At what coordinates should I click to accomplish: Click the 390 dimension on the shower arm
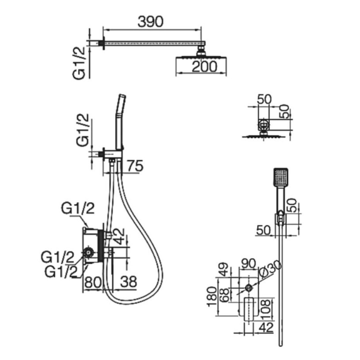point(151,22)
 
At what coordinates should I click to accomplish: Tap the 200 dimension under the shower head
point(204,67)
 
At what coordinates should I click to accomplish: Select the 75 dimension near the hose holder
point(135,166)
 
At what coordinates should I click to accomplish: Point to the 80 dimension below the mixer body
point(93,282)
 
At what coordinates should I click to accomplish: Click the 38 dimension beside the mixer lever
point(128,282)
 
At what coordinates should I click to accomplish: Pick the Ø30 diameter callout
point(270,269)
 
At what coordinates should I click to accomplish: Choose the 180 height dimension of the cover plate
point(212,296)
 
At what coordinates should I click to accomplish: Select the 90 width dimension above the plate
point(248,263)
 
